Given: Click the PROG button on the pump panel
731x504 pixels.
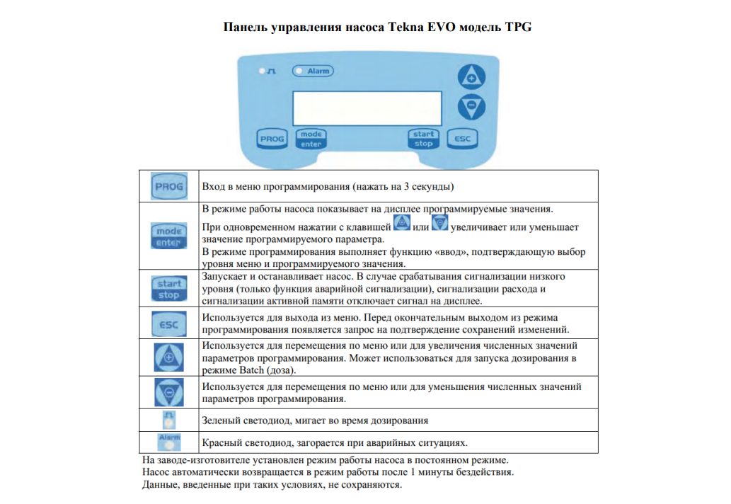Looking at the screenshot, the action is (272, 139).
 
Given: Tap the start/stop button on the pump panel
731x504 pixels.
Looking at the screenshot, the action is (423, 139).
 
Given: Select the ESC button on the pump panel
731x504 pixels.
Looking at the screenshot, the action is (463, 139).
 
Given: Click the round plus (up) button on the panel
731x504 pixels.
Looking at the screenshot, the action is (471, 77).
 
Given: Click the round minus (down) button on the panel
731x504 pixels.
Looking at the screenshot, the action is (471, 107).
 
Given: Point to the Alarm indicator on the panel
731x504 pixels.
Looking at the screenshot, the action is (313, 71).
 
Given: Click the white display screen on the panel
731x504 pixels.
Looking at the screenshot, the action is (367, 108).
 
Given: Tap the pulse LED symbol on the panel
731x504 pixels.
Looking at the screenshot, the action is (267, 71).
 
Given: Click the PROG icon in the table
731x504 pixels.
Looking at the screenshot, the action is (168, 186).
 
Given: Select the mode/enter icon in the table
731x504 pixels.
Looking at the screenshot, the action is (168, 236).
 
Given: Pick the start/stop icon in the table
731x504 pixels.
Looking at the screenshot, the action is (168, 289).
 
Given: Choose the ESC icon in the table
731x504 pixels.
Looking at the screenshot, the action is (168, 324).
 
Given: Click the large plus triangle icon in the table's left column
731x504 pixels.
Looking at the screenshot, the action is (168, 357).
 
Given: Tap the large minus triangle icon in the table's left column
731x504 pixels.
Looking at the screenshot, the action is (168, 392).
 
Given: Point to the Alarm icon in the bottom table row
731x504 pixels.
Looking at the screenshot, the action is (168, 442).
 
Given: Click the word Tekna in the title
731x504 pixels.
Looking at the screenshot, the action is (405, 27).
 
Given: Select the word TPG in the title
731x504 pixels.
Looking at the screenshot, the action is (518, 27).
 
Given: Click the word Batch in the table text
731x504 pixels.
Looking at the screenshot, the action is (251, 371).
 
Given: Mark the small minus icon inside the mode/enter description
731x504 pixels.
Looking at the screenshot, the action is (439, 223).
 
